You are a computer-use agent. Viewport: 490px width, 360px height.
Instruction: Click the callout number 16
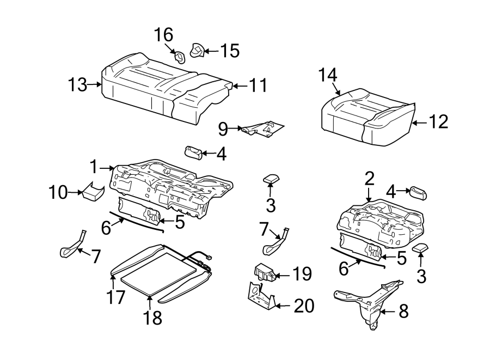pyautogui.click(x=163, y=35)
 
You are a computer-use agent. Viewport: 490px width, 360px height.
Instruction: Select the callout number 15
pyautogui.click(x=229, y=51)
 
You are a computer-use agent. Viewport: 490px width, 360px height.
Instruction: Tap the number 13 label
pyautogui.click(x=78, y=84)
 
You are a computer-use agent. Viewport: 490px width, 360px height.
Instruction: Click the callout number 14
pyautogui.click(x=329, y=75)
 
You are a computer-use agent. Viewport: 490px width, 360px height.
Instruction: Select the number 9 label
pyautogui.click(x=223, y=129)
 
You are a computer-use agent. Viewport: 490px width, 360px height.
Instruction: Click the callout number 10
pyautogui.click(x=59, y=192)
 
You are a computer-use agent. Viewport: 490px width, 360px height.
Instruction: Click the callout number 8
pyautogui.click(x=403, y=312)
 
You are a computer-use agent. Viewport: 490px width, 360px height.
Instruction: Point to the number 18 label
pyautogui.click(x=153, y=318)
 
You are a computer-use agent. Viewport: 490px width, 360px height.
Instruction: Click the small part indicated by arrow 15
pyautogui.click(x=197, y=51)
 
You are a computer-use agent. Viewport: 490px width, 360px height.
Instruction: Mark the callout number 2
pyautogui.click(x=369, y=178)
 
